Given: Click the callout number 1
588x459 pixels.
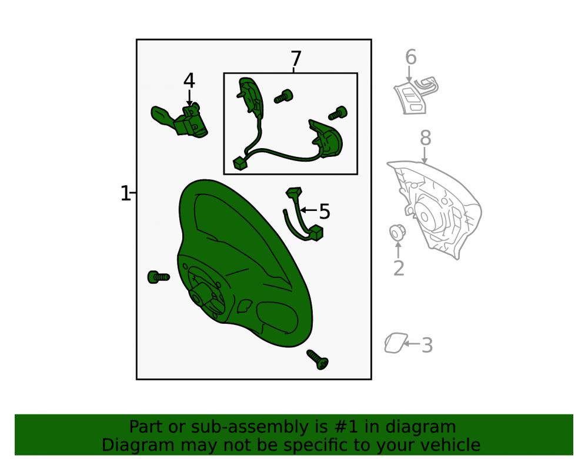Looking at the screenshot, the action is (125, 193).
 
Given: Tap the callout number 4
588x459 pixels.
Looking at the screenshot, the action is (189, 81).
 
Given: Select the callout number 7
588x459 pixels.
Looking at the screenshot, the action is (296, 59).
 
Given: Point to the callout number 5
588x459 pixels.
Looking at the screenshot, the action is (325, 212).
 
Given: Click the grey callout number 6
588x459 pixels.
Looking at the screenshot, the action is (410, 58).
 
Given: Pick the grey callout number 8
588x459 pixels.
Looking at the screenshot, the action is (425, 138).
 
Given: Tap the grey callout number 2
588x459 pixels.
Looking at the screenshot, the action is (399, 268).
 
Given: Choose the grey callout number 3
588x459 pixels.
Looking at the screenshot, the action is (427, 345).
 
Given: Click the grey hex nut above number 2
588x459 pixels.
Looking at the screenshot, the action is (397, 233).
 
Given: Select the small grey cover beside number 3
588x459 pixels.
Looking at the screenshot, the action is (395, 343).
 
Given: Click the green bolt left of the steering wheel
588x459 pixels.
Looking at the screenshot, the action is (158, 277).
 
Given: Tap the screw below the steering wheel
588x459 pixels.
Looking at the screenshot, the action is (318, 359).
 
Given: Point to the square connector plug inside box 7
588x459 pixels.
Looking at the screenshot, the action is (240, 164).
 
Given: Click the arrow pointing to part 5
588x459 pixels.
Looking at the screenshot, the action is (309, 210).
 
